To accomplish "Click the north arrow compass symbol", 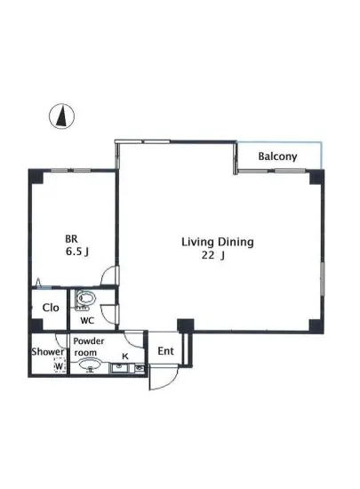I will point(60,116).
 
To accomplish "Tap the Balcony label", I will point(277,157).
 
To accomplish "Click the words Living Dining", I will point(218,241).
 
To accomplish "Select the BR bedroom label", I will point(71,238).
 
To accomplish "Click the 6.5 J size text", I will point(76,252).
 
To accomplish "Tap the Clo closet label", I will point(51,308).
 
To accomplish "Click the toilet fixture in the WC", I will point(86,299).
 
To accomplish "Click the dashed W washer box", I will point(60,366).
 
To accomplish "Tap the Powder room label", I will point(89,347).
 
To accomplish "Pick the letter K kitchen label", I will point(125,357).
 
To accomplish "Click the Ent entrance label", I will point(165,351).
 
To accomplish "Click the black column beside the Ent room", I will point(184,325).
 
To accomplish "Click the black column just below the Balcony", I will point(314,175).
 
